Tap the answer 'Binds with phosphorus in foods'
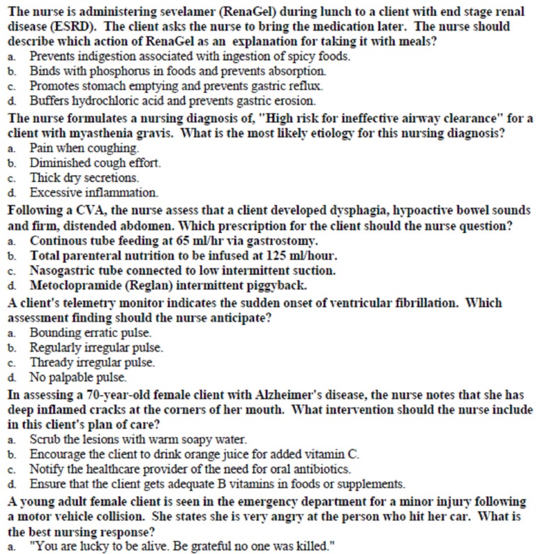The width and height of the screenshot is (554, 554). tap(177, 70)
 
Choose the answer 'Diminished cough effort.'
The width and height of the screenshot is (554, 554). tap(96, 163)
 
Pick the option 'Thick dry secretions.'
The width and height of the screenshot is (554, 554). tap(84, 177)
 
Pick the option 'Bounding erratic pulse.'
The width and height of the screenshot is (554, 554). tap(91, 333)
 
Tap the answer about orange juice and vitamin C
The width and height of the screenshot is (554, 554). tap(194, 454)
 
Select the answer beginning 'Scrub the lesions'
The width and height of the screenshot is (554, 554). tap(138, 440)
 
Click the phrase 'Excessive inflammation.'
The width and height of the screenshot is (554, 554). tap(94, 192)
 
